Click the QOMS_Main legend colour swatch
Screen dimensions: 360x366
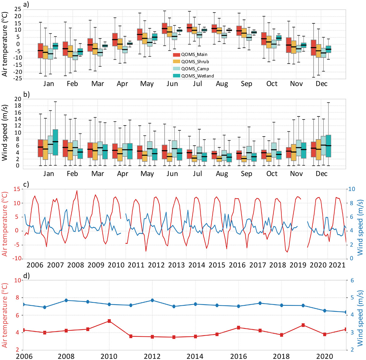coord(177,55)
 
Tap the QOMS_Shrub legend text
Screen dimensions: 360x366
coord(195,62)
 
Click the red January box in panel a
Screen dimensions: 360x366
coord(40,50)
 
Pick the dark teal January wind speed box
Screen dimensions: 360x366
coord(55,142)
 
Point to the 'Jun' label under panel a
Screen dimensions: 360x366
coord(172,84)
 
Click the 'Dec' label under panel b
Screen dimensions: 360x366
coord(321,174)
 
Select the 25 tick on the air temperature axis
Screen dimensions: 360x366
coord(17,9)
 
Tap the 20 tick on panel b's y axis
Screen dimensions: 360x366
coord(17,99)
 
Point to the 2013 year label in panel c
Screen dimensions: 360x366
coord(177,265)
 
